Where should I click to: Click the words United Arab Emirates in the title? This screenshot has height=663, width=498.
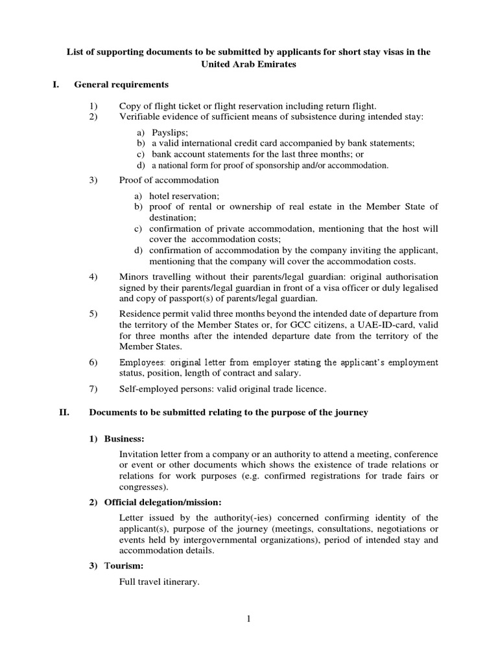[x=249, y=65]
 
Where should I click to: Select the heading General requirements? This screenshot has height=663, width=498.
[x=121, y=85]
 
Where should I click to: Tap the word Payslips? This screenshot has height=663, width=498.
[x=169, y=132]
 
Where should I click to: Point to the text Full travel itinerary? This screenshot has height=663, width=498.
[x=159, y=581]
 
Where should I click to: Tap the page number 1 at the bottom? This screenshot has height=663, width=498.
[x=249, y=620]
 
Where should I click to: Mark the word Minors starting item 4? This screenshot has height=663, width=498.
[x=135, y=276]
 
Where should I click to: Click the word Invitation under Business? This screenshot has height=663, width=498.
[x=141, y=455]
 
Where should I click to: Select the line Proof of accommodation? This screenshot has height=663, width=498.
[x=169, y=180]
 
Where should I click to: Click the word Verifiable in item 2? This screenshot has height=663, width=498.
[x=140, y=117]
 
